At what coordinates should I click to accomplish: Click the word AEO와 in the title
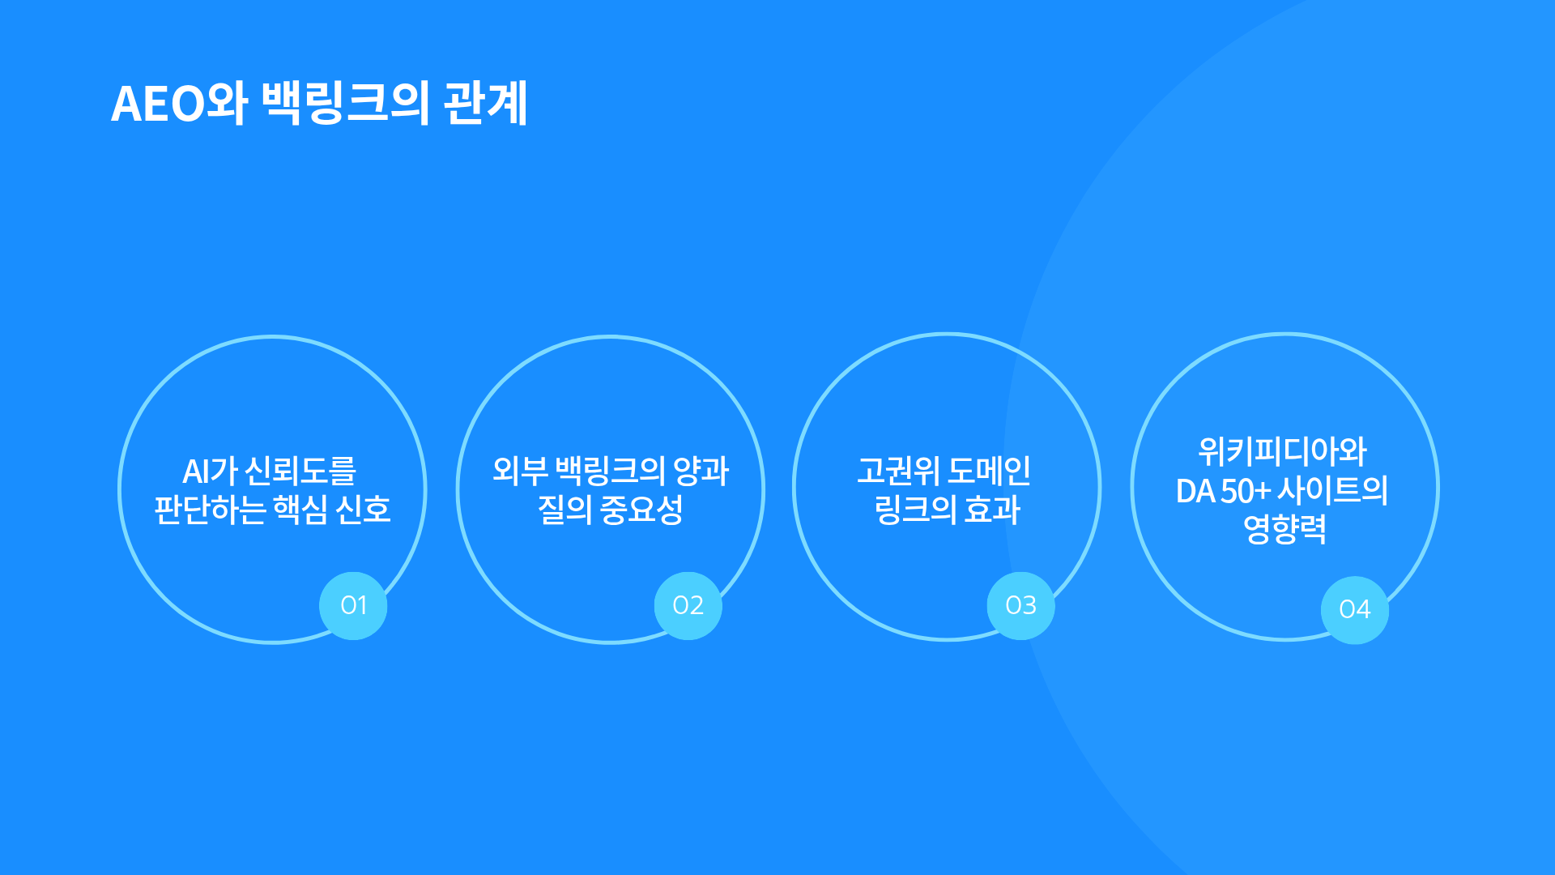[179, 104]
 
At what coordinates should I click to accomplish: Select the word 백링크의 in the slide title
[346, 104]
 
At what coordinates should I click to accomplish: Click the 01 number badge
[353, 606]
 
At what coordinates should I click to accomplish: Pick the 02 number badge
[688, 606]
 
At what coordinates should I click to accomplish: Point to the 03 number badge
[1020, 606]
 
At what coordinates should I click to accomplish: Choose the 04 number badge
[1354, 610]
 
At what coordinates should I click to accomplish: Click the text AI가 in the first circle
[210, 471]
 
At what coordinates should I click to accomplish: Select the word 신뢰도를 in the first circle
[300, 471]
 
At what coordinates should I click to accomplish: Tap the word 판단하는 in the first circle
[210, 510]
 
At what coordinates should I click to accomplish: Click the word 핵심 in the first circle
[300, 510]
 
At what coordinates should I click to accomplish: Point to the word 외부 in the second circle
[520, 471]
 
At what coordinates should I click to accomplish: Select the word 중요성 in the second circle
[641, 510]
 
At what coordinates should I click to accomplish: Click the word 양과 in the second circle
[701, 471]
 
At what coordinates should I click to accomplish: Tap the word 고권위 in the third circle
[898, 471]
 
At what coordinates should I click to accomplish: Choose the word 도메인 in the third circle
[990, 471]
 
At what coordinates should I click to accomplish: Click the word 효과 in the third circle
[992, 510]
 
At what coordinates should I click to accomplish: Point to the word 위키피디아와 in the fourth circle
[1283, 451]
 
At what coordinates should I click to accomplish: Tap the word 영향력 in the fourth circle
[1284, 530]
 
